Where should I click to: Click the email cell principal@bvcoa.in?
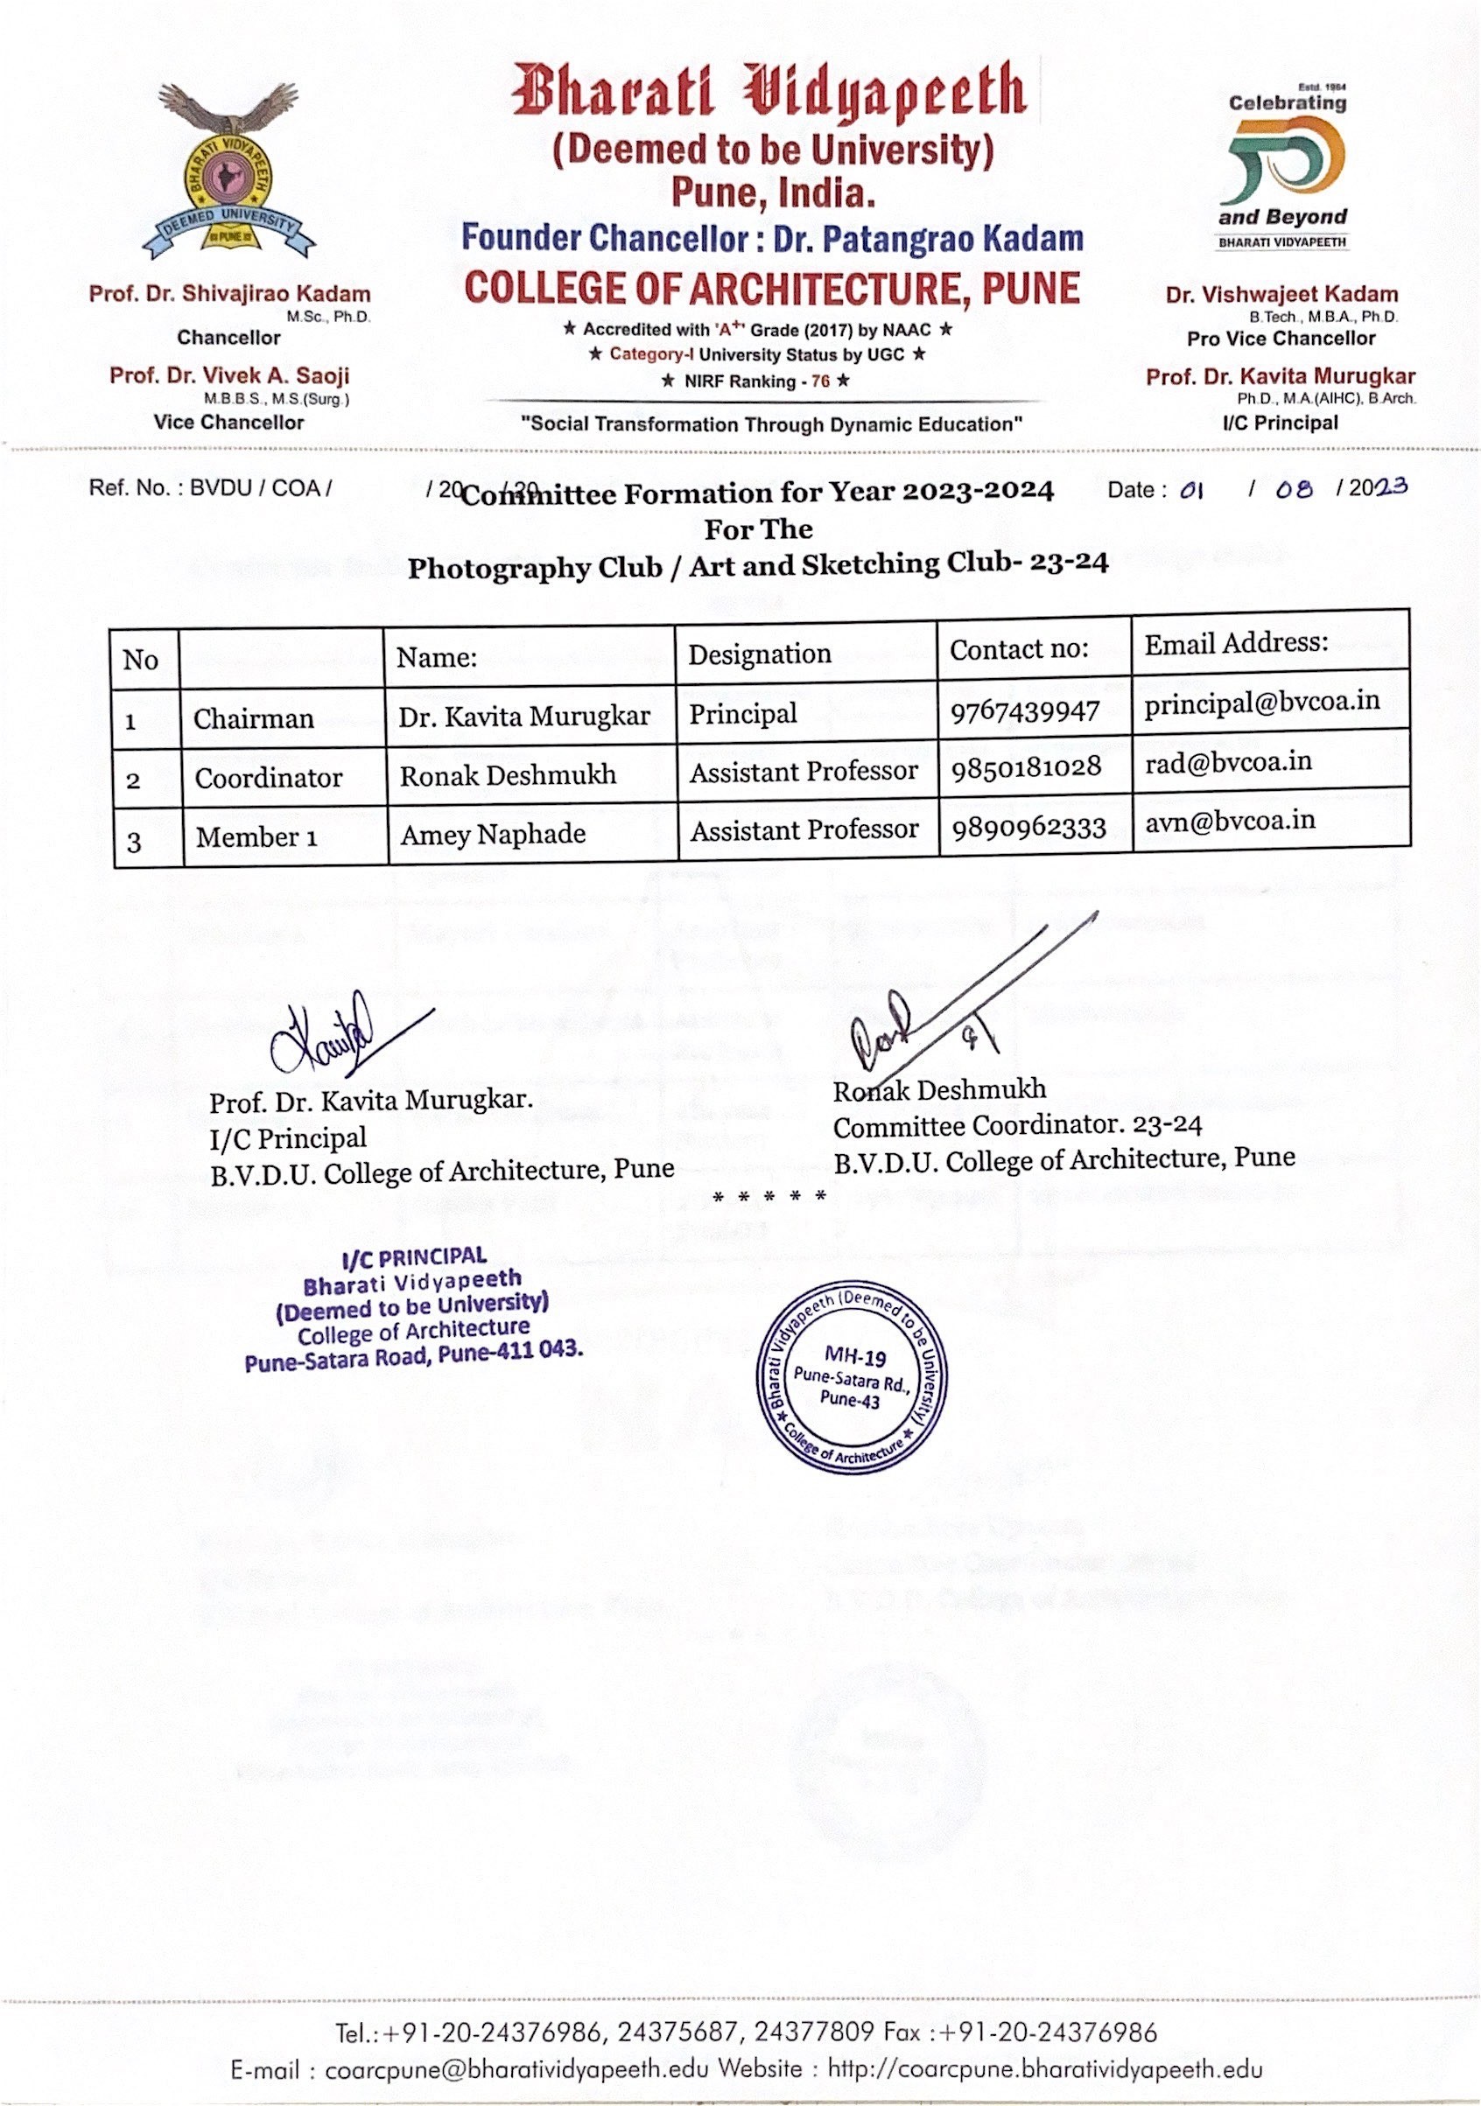click(x=1261, y=702)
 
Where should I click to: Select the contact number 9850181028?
click(x=1026, y=766)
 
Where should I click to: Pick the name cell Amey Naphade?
click(x=493, y=834)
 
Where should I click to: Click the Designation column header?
click(x=760, y=654)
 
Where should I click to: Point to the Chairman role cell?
click(x=253, y=718)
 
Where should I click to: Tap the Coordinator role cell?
click(x=268, y=778)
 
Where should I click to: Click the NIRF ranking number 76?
click(x=819, y=381)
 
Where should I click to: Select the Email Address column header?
click(x=1236, y=643)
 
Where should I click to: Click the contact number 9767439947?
click(x=1024, y=710)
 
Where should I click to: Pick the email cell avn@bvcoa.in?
click(x=1230, y=820)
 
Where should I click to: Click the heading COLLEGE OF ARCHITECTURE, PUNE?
click(x=772, y=288)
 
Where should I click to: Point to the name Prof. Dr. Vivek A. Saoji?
click(x=229, y=375)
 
